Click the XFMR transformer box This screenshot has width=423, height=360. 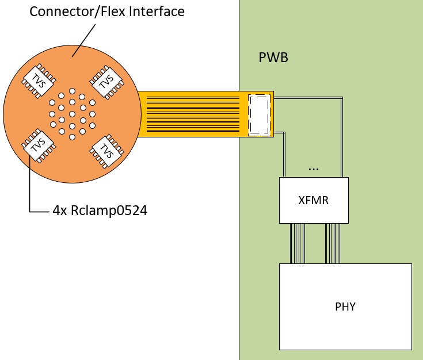pos(314,200)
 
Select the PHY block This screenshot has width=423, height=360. pos(345,307)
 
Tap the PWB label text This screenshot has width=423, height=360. pos(273,58)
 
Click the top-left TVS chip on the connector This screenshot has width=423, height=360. pos(38,78)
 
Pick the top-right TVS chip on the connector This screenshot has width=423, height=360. pos(106,81)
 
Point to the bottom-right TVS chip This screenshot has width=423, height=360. pos(106,151)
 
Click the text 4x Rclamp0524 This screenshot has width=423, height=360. pos(100,210)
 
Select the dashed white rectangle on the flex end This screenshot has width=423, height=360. pos(259,115)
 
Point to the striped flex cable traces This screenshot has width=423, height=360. pos(193,114)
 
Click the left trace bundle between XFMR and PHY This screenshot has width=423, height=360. pos(297,243)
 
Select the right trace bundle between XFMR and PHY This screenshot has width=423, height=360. pos(333,243)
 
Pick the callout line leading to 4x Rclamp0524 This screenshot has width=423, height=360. pos(29,190)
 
